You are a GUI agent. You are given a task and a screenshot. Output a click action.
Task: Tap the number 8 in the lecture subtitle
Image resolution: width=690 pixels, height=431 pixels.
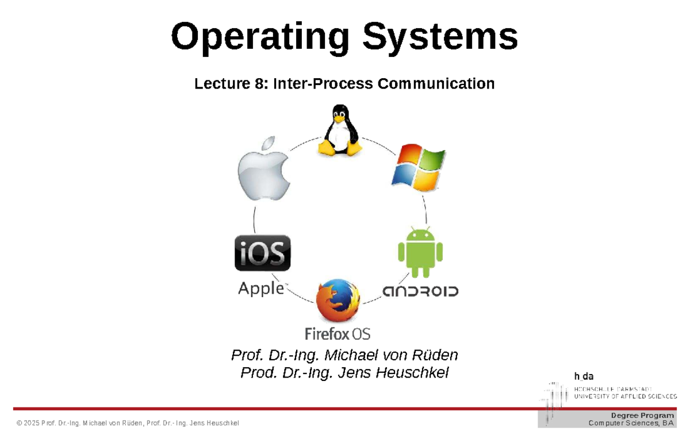click(x=259, y=84)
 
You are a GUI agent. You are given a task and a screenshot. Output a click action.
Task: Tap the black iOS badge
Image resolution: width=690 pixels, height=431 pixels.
click(x=262, y=253)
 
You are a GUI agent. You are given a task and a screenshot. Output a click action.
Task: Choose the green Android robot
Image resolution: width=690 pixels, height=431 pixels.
click(x=420, y=253)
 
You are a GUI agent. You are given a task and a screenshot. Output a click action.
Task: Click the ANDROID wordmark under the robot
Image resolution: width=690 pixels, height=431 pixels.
click(x=420, y=291)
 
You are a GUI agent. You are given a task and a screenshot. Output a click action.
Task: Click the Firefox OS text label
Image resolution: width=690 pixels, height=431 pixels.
click(x=337, y=333)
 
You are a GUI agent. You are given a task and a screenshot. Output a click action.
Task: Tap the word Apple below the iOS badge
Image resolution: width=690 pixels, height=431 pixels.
click(x=260, y=289)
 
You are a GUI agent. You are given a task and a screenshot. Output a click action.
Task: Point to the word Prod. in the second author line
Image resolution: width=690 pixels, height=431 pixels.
click(x=258, y=373)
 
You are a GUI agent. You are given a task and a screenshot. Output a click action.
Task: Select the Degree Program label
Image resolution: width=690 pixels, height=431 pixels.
click(x=642, y=415)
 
